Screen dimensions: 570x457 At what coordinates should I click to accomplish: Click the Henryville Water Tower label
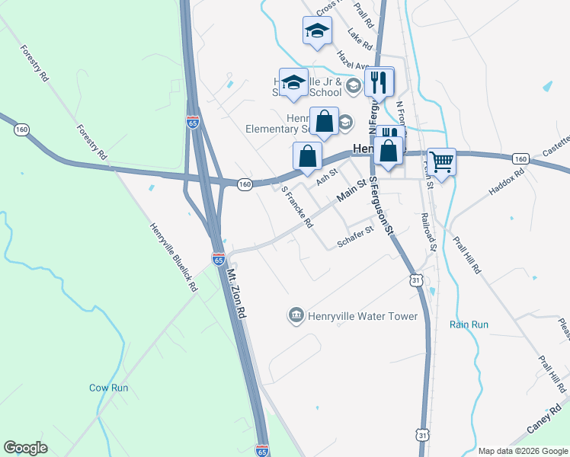[363, 315]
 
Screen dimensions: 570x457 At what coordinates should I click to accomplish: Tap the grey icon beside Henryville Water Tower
[296, 315]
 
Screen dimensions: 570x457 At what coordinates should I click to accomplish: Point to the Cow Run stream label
[108, 388]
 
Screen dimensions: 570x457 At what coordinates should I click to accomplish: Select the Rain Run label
[469, 324]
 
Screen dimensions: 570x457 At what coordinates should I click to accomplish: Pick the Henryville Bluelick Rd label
[174, 258]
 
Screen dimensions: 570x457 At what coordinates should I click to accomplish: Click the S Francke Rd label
[297, 208]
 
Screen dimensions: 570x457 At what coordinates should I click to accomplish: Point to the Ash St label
[326, 177]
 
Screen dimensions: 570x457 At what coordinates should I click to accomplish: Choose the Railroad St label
[427, 232]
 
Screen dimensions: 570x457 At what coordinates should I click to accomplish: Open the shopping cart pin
[441, 161]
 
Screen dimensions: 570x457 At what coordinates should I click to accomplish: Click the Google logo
[26, 448]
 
